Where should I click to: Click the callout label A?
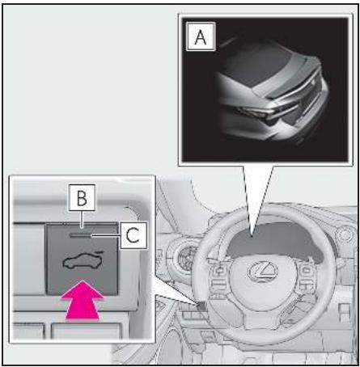(x=201, y=36)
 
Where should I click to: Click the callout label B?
(x=82, y=197)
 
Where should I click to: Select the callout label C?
(x=133, y=235)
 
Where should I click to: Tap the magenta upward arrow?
(x=83, y=301)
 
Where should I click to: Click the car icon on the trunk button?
(x=83, y=259)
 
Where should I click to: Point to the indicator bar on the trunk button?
(x=80, y=235)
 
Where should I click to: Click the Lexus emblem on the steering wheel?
(x=263, y=271)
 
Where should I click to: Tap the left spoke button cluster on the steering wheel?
(x=221, y=278)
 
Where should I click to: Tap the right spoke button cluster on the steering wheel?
(x=305, y=277)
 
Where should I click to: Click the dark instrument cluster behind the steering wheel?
(x=273, y=240)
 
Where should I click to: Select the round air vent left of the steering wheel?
(x=186, y=256)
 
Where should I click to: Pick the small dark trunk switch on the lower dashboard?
(x=201, y=305)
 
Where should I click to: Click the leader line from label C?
(x=106, y=236)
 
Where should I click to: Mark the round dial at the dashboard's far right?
(x=345, y=234)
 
